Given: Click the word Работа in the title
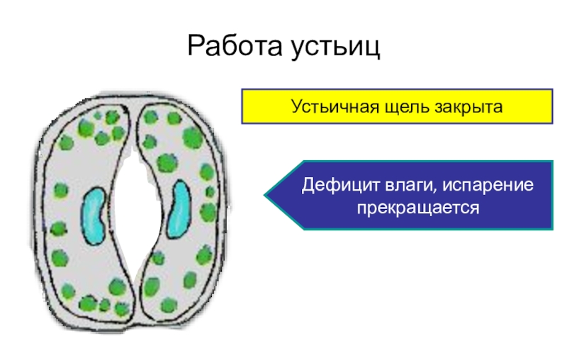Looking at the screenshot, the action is (x=233, y=48).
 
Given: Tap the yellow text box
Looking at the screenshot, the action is (x=397, y=106).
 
